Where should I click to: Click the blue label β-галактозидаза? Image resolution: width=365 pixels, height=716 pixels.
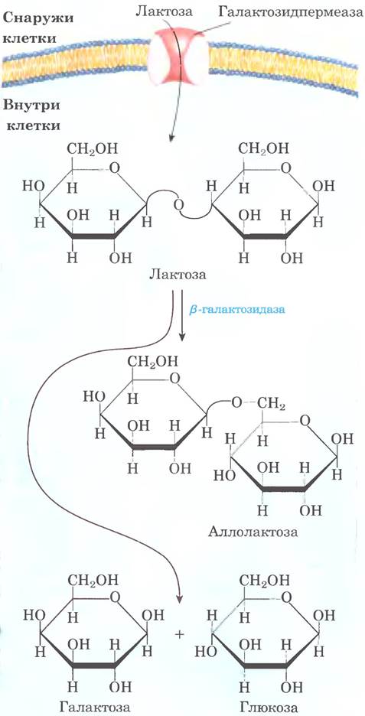click(236, 310)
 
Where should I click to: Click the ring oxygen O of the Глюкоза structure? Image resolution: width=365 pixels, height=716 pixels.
click(285, 597)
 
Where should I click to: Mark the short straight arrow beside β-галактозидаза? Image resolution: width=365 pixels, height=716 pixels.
click(182, 315)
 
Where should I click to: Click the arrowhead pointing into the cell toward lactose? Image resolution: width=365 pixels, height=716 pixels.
click(171, 135)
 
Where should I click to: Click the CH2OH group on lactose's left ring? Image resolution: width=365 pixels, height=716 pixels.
click(93, 148)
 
